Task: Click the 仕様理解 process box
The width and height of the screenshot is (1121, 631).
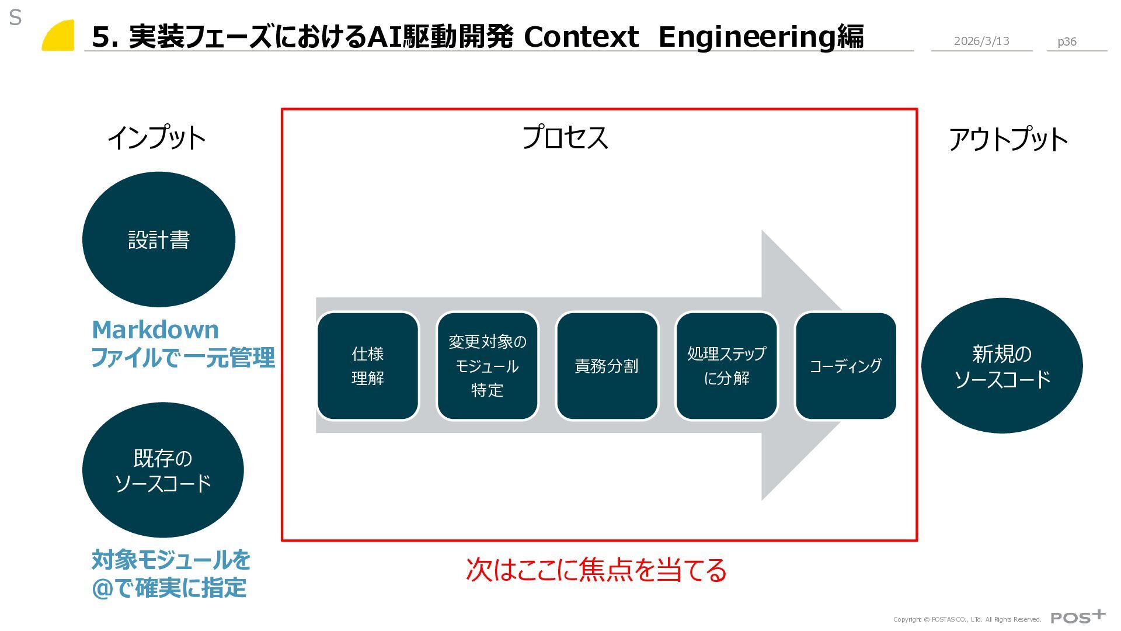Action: click(368, 366)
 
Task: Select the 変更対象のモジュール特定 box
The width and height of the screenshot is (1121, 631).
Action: click(488, 366)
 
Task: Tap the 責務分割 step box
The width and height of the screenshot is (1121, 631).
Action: click(607, 366)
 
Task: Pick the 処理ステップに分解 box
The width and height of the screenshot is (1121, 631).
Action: click(726, 366)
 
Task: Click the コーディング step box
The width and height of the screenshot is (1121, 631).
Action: click(845, 366)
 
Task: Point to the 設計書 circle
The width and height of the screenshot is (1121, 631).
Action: click(159, 240)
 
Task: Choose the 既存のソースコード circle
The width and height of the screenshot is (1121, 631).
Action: click(163, 470)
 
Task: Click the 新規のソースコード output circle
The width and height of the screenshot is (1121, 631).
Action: click(1002, 366)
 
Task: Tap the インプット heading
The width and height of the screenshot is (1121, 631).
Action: click(156, 138)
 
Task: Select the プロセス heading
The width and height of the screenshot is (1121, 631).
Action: click(565, 138)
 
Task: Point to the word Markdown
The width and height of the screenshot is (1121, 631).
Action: click(155, 330)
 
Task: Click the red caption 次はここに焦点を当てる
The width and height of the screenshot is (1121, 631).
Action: click(596, 570)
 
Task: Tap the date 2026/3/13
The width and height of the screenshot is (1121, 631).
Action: click(981, 41)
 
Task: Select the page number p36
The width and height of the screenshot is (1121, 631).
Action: click(1067, 41)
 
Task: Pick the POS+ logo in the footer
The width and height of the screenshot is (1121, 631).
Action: click(1078, 617)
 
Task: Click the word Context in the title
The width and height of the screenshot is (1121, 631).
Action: click(581, 37)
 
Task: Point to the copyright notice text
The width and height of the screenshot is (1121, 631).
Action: click(967, 619)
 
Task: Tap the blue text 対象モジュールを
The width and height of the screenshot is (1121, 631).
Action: click(171, 560)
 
